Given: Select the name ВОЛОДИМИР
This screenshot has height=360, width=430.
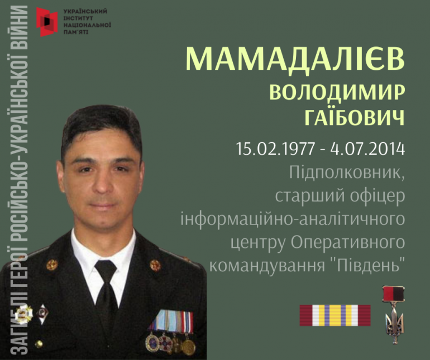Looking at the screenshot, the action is pyautogui.click(x=337, y=93).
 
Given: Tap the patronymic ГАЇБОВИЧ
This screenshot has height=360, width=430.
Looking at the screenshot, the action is pyautogui.click(x=355, y=117).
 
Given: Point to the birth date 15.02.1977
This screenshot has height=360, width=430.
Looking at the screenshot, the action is pyautogui.click(x=275, y=149).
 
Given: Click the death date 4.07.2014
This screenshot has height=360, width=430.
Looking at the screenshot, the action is pyautogui.click(x=368, y=149).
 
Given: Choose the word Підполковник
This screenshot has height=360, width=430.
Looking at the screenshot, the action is pyautogui.click(x=347, y=174).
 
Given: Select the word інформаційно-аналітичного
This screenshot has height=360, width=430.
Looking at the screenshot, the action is pyautogui.click(x=293, y=220).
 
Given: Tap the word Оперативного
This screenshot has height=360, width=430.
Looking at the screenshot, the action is pyautogui.click(x=348, y=243).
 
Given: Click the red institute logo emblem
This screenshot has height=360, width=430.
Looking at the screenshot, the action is pyautogui.click(x=47, y=22).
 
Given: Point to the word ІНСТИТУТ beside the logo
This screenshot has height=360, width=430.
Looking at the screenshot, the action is pyautogui.click(x=78, y=18).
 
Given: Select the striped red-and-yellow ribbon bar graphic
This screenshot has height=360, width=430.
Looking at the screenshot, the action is pyautogui.click(x=335, y=315).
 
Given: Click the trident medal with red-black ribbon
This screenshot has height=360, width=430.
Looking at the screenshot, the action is pyautogui.click(x=394, y=315).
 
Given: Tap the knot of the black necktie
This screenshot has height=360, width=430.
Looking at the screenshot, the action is pyautogui.click(x=106, y=271).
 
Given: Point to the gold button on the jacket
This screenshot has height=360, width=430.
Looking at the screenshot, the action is pyautogui.click(x=39, y=344).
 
